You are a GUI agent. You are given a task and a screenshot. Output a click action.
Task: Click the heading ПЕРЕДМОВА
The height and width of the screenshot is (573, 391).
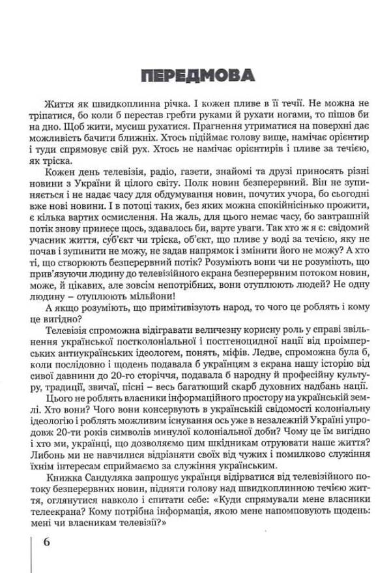(x=197, y=76)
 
